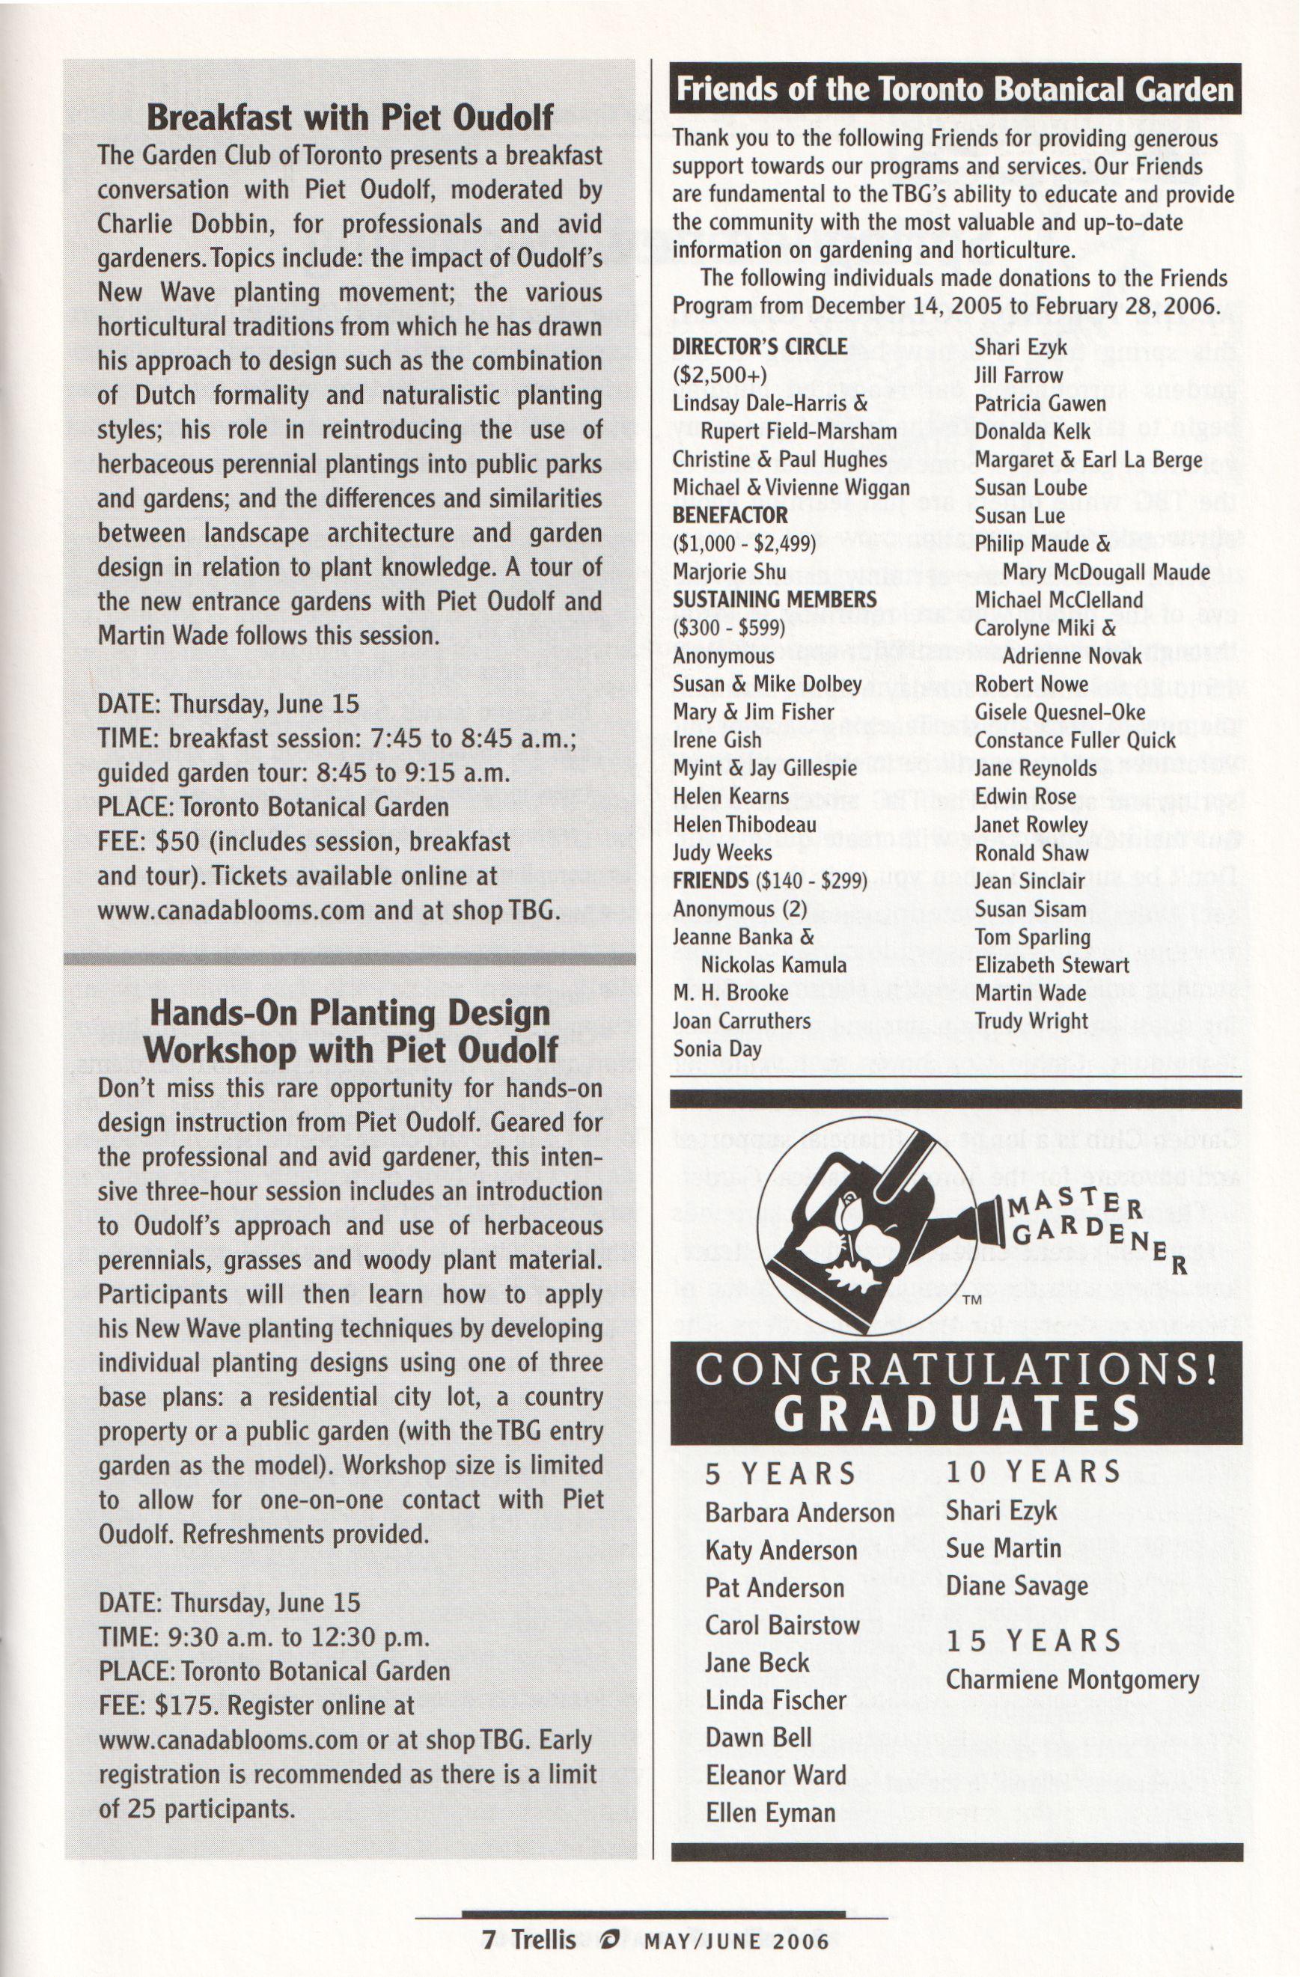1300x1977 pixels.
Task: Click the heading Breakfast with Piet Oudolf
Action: tap(350, 117)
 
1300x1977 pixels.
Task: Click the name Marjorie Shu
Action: tap(718, 572)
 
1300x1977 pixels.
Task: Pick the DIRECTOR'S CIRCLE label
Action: tap(759, 346)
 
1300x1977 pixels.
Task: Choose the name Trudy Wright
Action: tap(1031, 1020)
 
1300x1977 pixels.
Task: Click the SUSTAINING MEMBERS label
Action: tap(774, 599)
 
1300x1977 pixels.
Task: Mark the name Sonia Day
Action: tap(717, 1048)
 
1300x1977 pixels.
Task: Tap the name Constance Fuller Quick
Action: tap(1075, 739)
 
